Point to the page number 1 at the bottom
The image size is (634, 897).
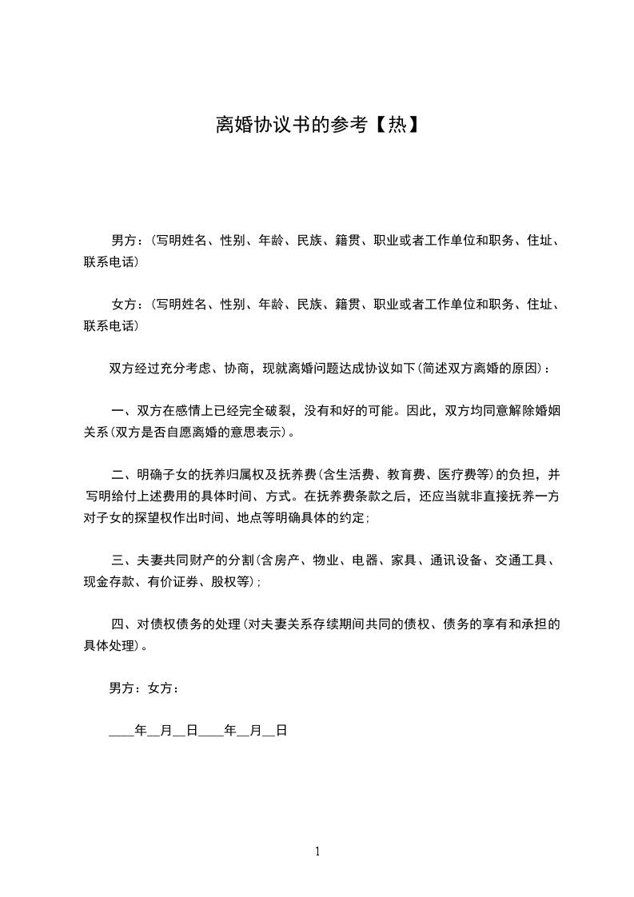(317, 851)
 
